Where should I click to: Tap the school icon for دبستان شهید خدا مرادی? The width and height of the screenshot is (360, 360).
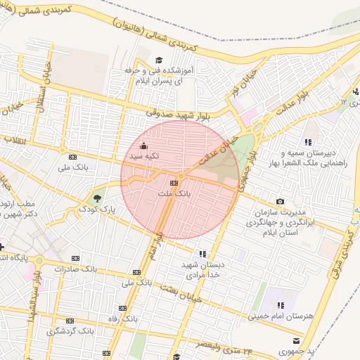[x=203, y=253]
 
